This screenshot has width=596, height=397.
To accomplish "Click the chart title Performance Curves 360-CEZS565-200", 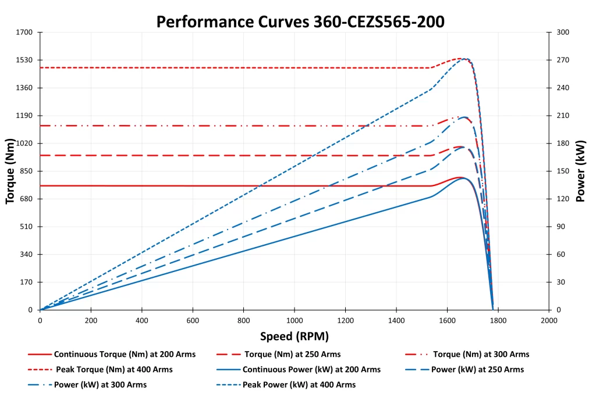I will (300, 22).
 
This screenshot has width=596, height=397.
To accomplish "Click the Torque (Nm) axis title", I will (10, 171).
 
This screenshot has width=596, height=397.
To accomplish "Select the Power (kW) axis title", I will (580, 171).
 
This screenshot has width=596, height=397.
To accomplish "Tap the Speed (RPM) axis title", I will (294, 337).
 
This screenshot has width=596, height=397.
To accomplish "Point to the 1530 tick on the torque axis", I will (24, 60).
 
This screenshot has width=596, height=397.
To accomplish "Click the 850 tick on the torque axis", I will (26, 171).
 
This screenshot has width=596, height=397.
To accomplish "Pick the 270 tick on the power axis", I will (562, 60).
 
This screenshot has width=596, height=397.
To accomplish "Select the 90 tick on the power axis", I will (560, 227).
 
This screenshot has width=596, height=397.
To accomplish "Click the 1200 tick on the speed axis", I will (345, 320).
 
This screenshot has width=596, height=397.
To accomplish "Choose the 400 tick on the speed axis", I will (141, 320).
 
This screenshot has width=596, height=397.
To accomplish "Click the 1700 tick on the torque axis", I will (24, 32).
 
